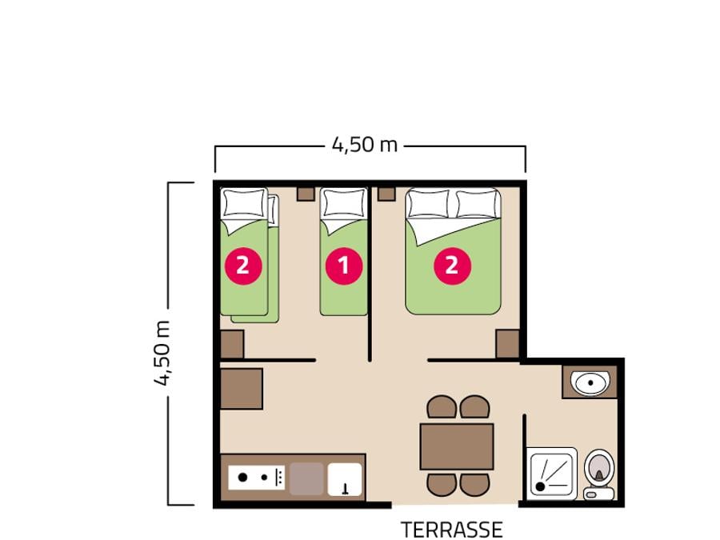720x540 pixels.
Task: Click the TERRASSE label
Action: [x=452, y=530]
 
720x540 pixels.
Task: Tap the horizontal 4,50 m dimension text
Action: [x=365, y=145]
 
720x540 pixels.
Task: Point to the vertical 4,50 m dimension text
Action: [x=162, y=353]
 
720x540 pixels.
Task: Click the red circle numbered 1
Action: [x=344, y=266]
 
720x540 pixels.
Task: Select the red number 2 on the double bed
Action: [x=452, y=266]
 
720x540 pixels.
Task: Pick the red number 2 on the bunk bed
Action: [x=243, y=266]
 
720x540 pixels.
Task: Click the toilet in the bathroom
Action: [x=599, y=474]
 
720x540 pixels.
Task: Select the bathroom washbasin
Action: [x=590, y=382]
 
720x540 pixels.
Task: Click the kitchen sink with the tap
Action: [x=345, y=479]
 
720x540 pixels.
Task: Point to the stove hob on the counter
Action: [x=257, y=477]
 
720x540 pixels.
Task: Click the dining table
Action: [x=457, y=446]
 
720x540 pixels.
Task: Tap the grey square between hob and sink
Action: [x=306, y=479]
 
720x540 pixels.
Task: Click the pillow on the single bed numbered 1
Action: [x=344, y=203]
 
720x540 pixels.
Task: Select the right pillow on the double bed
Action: [x=478, y=203]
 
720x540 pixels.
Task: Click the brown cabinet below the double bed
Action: [x=508, y=344]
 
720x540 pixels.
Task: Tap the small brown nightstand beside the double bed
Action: [x=386, y=194]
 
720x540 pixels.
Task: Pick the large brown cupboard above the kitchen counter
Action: [x=242, y=389]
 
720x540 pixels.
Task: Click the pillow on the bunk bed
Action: [x=245, y=202]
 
